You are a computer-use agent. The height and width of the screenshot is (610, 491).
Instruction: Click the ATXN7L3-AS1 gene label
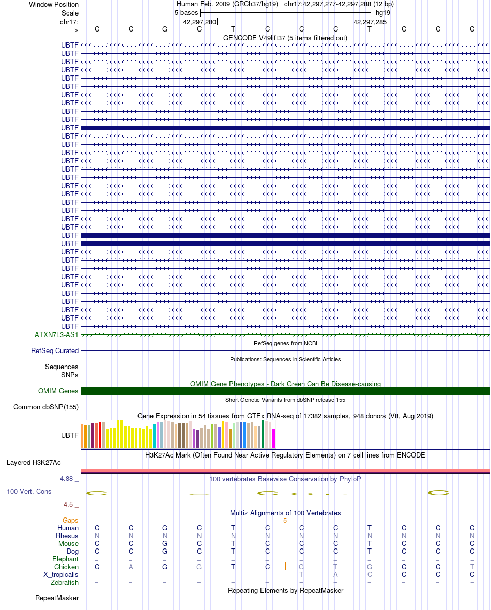[56, 334]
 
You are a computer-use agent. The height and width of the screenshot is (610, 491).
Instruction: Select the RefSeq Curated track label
[55, 350]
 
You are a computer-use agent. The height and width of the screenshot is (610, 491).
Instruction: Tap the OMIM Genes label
[58, 391]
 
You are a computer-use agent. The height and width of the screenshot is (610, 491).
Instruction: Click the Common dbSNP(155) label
[46, 407]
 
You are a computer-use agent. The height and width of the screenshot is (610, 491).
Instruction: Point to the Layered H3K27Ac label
[34, 462]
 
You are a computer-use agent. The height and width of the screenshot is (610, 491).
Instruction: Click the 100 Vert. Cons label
[29, 491]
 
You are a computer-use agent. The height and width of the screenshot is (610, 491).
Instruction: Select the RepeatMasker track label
[57, 598]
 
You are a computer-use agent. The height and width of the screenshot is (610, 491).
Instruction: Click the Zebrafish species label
[65, 582]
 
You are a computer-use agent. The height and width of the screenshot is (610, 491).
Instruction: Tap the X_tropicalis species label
[60, 575]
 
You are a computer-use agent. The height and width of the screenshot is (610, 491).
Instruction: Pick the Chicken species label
[66, 567]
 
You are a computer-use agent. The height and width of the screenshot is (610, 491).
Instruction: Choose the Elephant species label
[65, 559]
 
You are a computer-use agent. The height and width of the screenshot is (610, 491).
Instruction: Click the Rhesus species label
[67, 536]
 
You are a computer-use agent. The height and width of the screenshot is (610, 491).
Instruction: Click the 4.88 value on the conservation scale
[67, 479]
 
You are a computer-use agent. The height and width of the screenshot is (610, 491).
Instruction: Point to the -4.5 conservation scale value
[67, 504]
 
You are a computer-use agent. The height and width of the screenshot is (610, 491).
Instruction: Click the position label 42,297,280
[199, 22]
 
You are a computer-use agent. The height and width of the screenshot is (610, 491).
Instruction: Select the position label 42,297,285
[370, 22]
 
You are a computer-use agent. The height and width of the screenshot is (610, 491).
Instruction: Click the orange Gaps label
[70, 520]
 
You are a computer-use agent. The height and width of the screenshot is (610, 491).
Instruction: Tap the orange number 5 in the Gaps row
[285, 521]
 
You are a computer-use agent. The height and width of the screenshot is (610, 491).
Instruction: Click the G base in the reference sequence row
[165, 29]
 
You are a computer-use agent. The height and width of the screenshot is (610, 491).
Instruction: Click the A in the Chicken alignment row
[131, 567]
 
